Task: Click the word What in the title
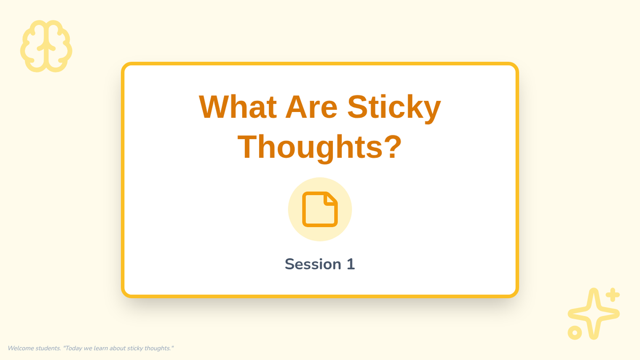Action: click(238, 107)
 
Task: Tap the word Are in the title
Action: click(311, 107)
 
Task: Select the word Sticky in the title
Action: click(394, 109)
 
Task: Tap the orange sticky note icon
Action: click(320, 209)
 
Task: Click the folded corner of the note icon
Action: click(330, 198)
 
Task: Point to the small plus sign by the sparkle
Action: click(613, 295)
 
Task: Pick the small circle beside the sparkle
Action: click(575, 333)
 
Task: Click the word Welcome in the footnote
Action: click(20, 348)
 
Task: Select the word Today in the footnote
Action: click(73, 349)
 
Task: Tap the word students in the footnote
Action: click(48, 348)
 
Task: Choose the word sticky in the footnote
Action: click(135, 349)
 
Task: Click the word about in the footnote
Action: click(118, 348)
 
